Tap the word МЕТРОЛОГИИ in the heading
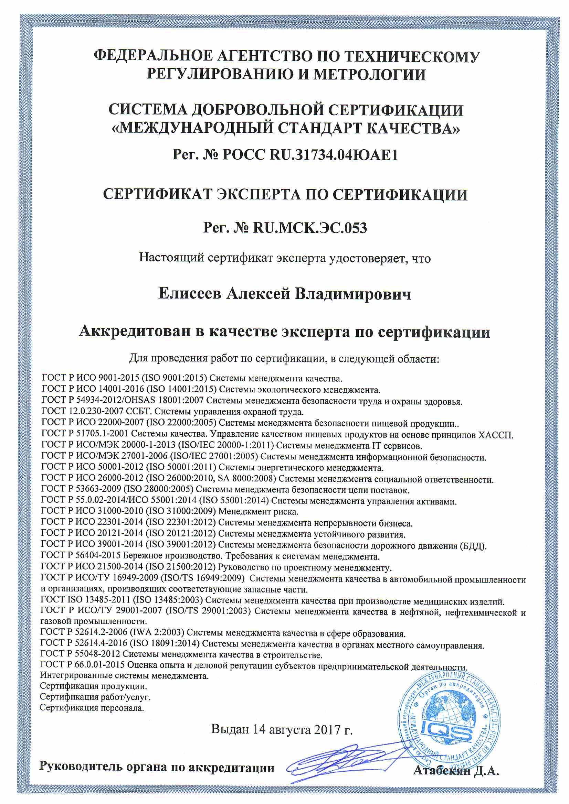tap(369, 74)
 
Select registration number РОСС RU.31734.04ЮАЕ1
tap(310, 154)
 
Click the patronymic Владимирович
tap(353, 293)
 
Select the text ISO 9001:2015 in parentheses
tap(175, 378)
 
